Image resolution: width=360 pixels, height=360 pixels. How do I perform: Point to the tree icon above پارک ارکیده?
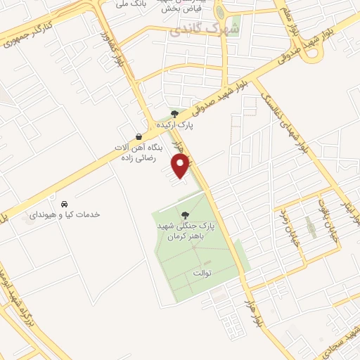[175, 113]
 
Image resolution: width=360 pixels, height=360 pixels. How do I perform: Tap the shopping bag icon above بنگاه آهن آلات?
[139, 136]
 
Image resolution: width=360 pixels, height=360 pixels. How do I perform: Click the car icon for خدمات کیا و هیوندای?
[65, 203]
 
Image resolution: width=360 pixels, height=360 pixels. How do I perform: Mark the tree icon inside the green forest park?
[185, 216]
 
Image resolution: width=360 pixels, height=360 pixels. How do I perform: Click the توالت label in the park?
[200, 272]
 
